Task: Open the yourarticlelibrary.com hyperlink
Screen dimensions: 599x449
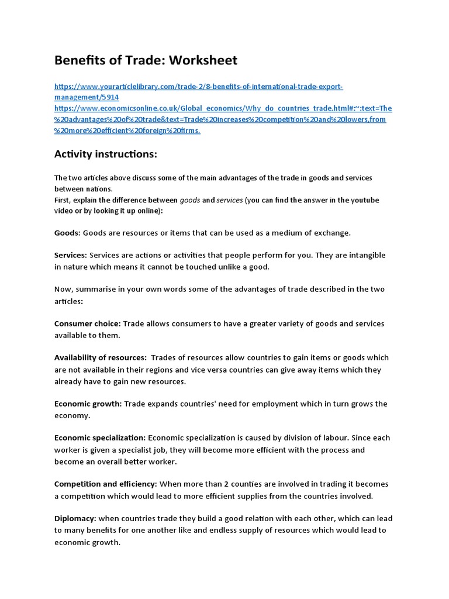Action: pos(198,87)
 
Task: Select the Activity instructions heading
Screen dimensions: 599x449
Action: pos(106,154)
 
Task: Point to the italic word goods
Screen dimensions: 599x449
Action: pos(189,200)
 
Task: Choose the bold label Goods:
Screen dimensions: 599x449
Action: pos(67,233)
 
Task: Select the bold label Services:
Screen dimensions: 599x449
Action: pos(71,255)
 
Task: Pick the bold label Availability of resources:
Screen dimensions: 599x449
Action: pos(101,357)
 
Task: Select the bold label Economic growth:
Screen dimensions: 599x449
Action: pos(88,404)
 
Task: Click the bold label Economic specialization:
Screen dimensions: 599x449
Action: pos(100,438)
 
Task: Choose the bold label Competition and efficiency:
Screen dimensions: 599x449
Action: pos(106,484)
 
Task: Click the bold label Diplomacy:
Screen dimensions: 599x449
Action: pos(75,518)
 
